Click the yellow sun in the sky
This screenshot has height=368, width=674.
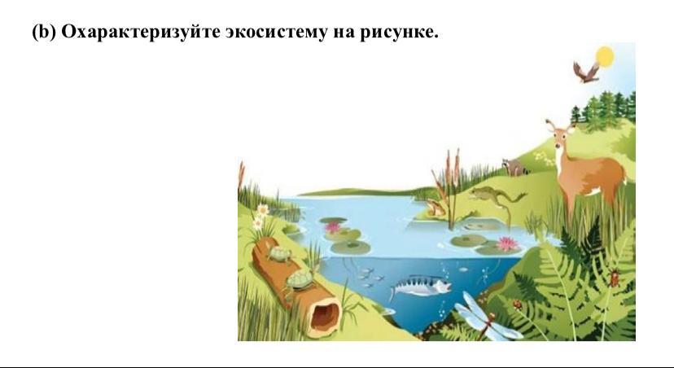pyautogui.click(x=605, y=57)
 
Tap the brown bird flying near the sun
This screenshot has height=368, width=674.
pyautogui.click(x=586, y=72)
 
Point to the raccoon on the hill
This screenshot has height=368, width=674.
pyautogui.click(x=514, y=167)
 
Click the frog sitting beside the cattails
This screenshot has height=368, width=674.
pyautogui.click(x=435, y=208)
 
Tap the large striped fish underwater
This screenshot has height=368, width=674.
pyautogui.click(x=420, y=286)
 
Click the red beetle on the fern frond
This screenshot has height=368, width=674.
pyautogui.click(x=614, y=278)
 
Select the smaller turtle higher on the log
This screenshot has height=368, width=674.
pyautogui.click(x=278, y=254)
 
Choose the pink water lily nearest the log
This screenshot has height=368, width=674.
pyautogui.click(x=332, y=226)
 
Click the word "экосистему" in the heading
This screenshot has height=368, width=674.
pyautogui.click(x=277, y=32)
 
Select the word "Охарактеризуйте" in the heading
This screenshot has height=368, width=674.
pyautogui.click(x=141, y=33)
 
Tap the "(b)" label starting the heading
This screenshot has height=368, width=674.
pyautogui.click(x=44, y=33)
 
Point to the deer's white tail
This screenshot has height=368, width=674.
pyautogui.click(x=623, y=177)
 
